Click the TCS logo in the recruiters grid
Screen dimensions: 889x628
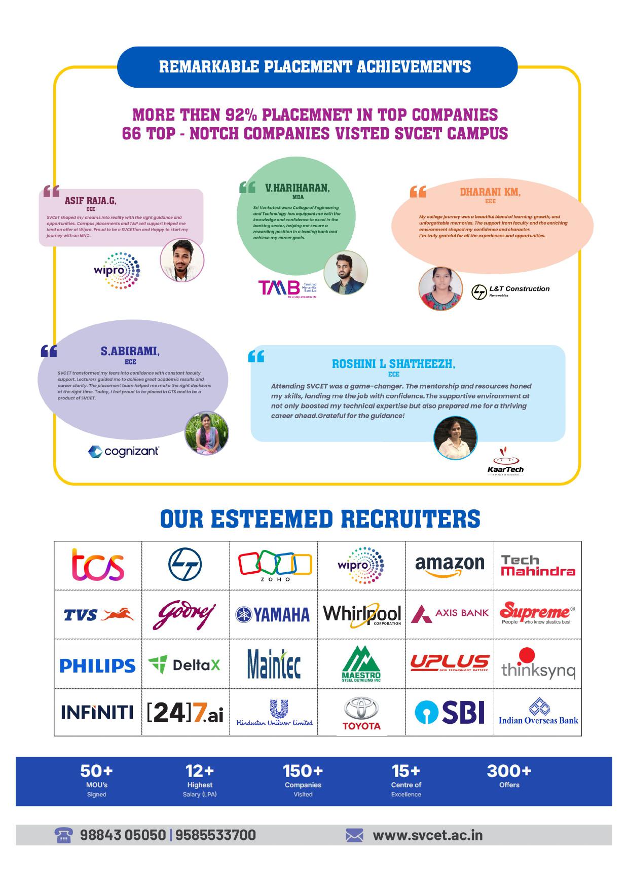coord(98,565)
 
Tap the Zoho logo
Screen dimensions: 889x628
coord(275,565)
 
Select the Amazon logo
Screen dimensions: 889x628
coord(450,566)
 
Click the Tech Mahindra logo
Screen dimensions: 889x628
coord(538,566)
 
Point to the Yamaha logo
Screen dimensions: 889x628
coord(273,615)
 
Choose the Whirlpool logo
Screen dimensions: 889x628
coord(362,614)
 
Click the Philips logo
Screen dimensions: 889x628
coord(98,665)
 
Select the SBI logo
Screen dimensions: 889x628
coord(450,712)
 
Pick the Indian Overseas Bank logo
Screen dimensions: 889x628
coord(538,712)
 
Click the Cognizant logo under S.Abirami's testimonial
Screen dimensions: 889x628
coord(124,451)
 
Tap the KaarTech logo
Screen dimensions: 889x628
coord(505,462)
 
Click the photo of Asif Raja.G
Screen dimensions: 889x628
coord(182,260)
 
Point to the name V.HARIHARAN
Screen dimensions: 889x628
coord(298,188)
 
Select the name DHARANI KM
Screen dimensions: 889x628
coord(490,192)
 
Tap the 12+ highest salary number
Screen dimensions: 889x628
coord(200,771)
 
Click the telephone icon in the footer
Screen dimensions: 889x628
coord(63,835)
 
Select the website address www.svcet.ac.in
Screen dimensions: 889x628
coord(427,835)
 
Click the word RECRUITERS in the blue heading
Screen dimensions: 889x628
coord(411,519)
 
